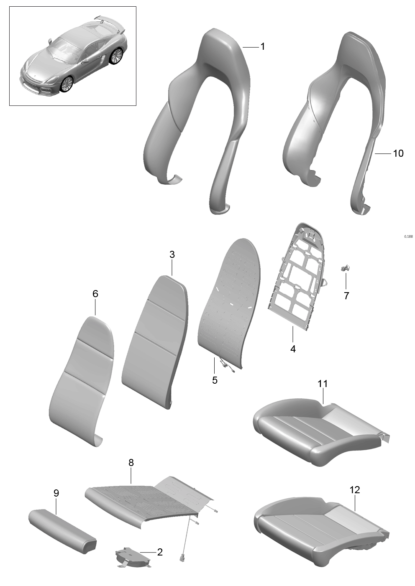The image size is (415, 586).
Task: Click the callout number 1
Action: coord(263,46)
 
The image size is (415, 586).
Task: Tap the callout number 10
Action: coord(398,153)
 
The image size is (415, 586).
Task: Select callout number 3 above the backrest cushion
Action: coord(172,255)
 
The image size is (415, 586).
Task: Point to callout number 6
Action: coord(95,294)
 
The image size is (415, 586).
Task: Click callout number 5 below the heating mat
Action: coord(215,380)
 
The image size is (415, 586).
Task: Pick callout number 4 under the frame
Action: coord(293,349)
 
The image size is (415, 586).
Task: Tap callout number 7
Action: coord(346,296)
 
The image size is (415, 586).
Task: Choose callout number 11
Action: coord(323,384)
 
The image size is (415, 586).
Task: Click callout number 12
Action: coord(355,490)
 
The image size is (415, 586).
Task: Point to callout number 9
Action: coord(56,493)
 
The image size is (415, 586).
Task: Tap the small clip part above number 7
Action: coord(346,268)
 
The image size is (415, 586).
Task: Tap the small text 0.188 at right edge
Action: coord(408,237)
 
